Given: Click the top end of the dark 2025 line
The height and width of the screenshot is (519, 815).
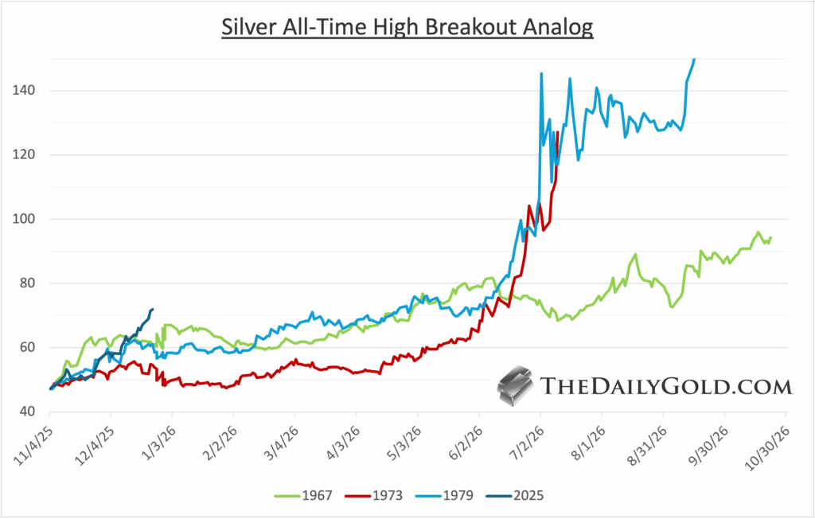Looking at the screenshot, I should tap(152, 309).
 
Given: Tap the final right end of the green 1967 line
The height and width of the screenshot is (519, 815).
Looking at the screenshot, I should tap(770, 237).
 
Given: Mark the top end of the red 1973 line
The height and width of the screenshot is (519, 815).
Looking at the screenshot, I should tap(557, 132).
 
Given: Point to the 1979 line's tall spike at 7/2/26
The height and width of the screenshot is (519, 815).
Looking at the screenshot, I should tap(541, 73).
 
